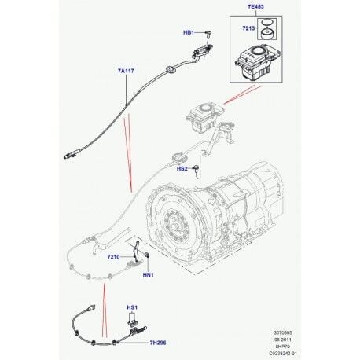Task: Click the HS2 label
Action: pyautogui.click(x=181, y=168)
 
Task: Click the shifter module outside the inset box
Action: pyautogui.click(x=204, y=115)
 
